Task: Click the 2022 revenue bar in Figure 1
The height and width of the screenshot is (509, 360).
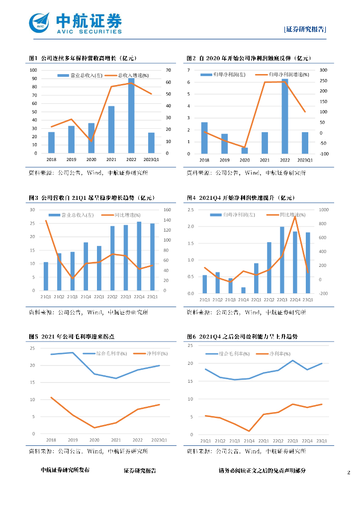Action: pos(131,116)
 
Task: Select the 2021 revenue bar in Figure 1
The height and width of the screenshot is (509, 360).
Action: pos(111,129)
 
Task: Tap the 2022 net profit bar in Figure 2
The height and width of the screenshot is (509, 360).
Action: pos(285,116)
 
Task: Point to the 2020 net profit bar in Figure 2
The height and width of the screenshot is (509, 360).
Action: pos(245,150)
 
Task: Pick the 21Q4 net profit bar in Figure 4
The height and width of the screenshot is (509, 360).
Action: pos(243,290)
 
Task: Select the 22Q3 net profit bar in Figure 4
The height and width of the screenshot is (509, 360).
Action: pos(282,260)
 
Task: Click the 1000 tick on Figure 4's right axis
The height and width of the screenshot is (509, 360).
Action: pos(323,210)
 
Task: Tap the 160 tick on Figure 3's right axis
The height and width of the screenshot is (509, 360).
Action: pos(167,210)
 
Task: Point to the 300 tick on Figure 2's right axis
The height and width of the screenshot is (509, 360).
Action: pos(323,70)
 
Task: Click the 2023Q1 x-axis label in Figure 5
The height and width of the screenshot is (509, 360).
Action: pos(159,440)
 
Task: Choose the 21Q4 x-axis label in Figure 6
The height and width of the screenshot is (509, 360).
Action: pos(245,441)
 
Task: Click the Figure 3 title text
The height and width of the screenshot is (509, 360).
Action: pos(92,198)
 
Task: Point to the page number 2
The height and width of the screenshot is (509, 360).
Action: pos(349,472)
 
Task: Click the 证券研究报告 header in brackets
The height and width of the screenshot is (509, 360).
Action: pos(305,29)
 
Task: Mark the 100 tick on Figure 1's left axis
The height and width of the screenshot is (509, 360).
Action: pos(33,70)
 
